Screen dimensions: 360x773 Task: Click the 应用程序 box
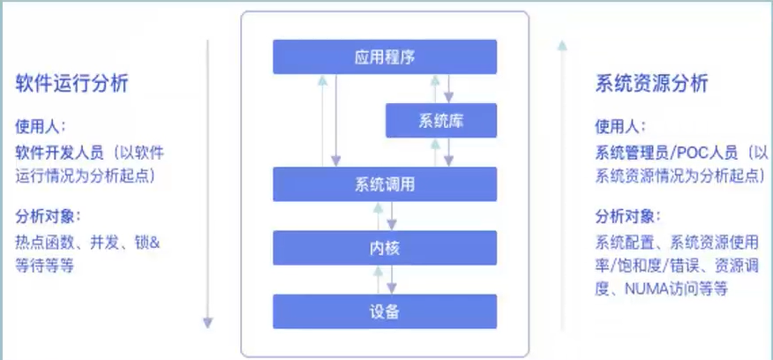[385, 57]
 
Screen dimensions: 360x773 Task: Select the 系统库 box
[441, 120]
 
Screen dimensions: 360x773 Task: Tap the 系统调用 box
[385, 184]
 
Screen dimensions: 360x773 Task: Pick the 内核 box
[385, 248]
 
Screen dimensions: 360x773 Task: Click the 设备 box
[385, 311]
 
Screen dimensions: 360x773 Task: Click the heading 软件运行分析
[71, 84]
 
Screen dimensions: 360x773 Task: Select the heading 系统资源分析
[651, 84]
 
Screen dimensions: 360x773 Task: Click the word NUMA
[648, 289]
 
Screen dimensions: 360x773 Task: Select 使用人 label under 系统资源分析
[620, 126]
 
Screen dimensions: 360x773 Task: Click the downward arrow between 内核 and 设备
[393, 280]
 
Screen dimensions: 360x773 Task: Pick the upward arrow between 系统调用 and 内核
[378, 216]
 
